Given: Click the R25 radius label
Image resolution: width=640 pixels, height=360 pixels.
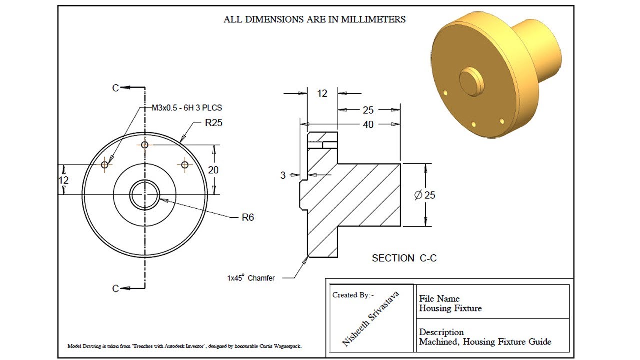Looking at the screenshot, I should pos(213,123).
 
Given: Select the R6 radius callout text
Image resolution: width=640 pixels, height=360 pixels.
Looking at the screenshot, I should pos(248,217).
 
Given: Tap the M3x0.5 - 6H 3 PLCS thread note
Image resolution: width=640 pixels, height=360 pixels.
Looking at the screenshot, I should pos(187,107).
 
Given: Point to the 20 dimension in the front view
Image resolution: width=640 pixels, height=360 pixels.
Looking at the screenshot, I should pos(213,170).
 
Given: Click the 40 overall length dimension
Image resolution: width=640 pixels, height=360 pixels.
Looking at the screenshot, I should pos(368,124).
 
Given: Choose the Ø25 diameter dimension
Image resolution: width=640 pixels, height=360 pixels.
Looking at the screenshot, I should pos(425,195).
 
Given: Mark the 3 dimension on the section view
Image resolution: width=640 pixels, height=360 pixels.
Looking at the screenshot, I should pos(283,175).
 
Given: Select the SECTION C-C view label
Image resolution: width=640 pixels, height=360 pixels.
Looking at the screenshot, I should pos(404,258).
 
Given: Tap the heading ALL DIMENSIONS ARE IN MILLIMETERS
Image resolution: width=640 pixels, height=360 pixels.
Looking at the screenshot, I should pos(314,20).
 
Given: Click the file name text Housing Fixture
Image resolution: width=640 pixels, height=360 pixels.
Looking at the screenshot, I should pos(450,308).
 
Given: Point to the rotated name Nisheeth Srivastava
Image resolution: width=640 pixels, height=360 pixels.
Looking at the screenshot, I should pos(371,319).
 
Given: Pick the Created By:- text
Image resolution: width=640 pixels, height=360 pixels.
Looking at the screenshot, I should pos(352,295).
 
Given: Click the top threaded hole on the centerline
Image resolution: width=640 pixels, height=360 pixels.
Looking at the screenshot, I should pos(145,145).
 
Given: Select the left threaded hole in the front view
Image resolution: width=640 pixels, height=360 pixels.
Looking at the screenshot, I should pos(105,164).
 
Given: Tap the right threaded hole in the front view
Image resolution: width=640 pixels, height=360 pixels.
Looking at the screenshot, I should pos(185,164).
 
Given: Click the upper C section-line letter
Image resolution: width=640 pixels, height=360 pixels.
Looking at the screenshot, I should pos(115,88).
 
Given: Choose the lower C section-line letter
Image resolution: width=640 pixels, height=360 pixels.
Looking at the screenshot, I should pos(115,288).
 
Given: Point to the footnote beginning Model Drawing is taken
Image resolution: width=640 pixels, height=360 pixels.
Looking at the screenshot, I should pos(184,346).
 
